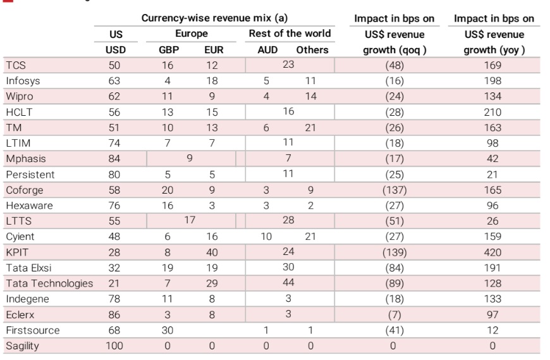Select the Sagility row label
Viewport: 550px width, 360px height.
[x=23, y=345]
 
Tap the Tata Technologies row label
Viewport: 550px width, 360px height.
[x=49, y=283]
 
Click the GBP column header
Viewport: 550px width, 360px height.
[x=169, y=49]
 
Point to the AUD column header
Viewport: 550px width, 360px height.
[x=266, y=49]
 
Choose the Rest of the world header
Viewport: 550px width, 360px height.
[x=290, y=34]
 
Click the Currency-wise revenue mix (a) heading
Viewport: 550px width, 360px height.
[x=219, y=18]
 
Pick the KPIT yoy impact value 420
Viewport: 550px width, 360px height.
[x=492, y=252]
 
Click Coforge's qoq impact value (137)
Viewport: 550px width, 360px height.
[x=394, y=190]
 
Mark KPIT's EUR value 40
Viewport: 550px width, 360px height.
[x=212, y=252]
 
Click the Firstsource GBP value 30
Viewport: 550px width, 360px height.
[x=168, y=330]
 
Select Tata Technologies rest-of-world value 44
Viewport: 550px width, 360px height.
[x=288, y=283]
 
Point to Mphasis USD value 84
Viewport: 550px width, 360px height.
[x=114, y=159]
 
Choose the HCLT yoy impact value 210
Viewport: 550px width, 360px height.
[x=492, y=112]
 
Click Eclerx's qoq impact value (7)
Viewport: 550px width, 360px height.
[x=394, y=314]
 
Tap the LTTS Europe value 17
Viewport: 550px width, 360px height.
[x=190, y=221]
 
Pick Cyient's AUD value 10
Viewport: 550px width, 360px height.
[x=266, y=237]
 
